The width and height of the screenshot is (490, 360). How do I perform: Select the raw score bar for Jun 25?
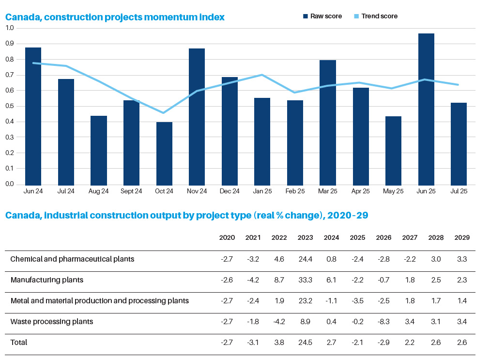426,109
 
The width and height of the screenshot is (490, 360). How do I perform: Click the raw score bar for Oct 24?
164,153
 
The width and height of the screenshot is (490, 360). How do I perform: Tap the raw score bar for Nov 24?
197,116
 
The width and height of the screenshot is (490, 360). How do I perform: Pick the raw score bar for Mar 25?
328,122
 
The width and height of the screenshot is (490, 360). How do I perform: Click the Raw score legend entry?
322,16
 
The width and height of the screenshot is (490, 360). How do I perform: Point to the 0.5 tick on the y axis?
10,106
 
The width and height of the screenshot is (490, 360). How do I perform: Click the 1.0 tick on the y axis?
10,28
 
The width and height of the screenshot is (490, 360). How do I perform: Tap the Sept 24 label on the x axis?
131,191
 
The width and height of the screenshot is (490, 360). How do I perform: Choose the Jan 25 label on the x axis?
262,191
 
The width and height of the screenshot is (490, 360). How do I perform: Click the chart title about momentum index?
115,17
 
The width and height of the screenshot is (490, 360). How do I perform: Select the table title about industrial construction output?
186,215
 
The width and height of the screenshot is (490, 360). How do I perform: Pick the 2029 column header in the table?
462,238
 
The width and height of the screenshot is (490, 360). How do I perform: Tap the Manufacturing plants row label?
47,280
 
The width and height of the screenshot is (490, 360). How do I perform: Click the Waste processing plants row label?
52,322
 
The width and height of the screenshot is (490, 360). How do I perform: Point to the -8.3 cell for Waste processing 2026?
383,322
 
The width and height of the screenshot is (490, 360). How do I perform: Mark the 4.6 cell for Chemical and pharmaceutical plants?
279,259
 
